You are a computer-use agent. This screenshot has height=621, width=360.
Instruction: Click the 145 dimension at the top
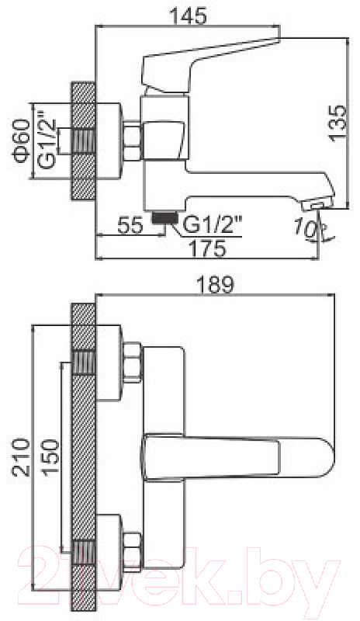pyautogui.click(x=188, y=16)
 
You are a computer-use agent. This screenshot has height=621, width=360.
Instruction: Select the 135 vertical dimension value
pyautogui.click(x=337, y=123)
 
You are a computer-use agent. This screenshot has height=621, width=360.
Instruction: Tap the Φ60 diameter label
pyautogui.click(x=22, y=141)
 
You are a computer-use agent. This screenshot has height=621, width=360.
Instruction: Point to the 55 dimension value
pyautogui.click(x=130, y=226)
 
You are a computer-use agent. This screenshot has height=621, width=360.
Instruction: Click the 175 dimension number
pyautogui.click(x=207, y=248)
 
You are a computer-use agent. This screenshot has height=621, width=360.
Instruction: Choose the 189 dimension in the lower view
pyautogui.click(x=216, y=285)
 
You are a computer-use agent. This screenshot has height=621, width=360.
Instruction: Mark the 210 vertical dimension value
pyautogui.click(x=21, y=457)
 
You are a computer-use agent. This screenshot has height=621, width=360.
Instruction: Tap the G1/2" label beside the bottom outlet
pyautogui.click(x=213, y=226)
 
